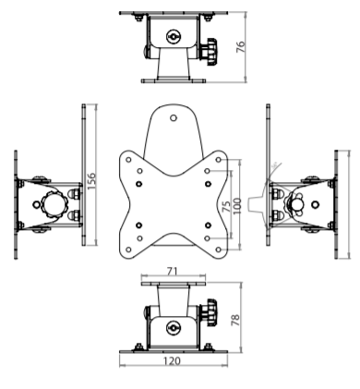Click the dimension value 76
click(241, 46)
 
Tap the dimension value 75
click(226, 206)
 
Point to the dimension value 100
click(236, 206)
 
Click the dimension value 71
click(173, 271)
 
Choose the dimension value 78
click(235, 320)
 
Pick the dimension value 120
click(172, 360)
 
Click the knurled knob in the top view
click(210, 52)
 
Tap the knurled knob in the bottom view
click(209, 312)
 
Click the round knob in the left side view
click(54, 204)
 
